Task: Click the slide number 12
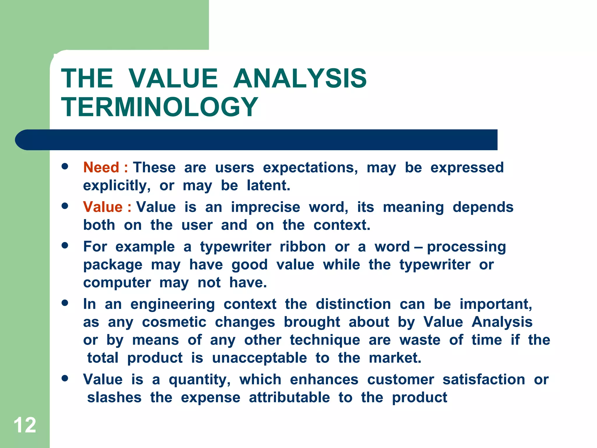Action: click(x=25, y=425)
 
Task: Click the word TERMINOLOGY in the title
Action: click(x=159, y=107)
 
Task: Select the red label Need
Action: click(x=101, y=168)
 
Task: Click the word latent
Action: click(x=268, y=185)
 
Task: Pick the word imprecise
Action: click(x=265, y=207)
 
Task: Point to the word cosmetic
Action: click(x=174, y=322)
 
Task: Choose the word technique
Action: click(x=325, y=340)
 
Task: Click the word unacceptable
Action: click(x=259, y=358)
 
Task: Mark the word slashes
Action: click(x=114, y=398)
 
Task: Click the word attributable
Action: click(x=289, y=398)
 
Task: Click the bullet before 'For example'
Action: click(x=65, y=245)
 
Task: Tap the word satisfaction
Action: click(x=484, y=380)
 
